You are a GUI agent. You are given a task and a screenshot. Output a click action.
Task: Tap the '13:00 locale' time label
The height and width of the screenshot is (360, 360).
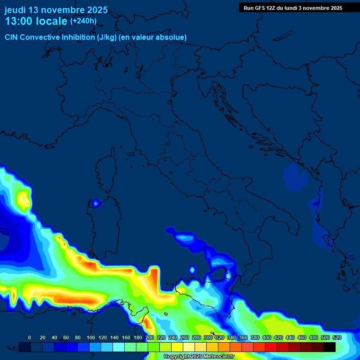[36, 21]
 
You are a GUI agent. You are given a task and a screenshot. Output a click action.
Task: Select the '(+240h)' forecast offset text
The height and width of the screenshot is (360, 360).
[83, 21]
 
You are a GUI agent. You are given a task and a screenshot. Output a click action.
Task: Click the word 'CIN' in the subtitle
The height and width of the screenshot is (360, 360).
[12, 37]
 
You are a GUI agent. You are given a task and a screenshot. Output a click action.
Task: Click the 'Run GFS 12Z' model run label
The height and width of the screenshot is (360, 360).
[259, 8]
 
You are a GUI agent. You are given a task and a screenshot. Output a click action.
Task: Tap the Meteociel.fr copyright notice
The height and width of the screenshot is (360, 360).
[199, 357]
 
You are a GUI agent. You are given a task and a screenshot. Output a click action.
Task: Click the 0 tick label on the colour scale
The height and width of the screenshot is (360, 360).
[30, 337]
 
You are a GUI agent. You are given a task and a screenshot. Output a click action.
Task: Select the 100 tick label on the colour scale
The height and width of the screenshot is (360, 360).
[90, 337]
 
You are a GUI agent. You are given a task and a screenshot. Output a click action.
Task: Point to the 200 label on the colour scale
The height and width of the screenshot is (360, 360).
[149, 337]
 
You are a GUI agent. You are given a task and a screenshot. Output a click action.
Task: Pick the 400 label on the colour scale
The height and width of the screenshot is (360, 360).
[266, 337]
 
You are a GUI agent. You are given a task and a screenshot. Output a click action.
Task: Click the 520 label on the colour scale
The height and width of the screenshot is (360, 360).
[337, 337]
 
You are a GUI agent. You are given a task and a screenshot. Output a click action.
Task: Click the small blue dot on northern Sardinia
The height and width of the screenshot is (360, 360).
[96, 203]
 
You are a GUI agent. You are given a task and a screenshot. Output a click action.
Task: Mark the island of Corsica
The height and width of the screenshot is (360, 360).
[107, 169]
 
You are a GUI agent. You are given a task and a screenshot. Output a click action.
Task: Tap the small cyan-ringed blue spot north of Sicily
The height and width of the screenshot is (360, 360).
[192, 270]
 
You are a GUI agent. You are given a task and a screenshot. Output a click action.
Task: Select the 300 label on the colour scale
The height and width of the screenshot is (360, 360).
[208, 337]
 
